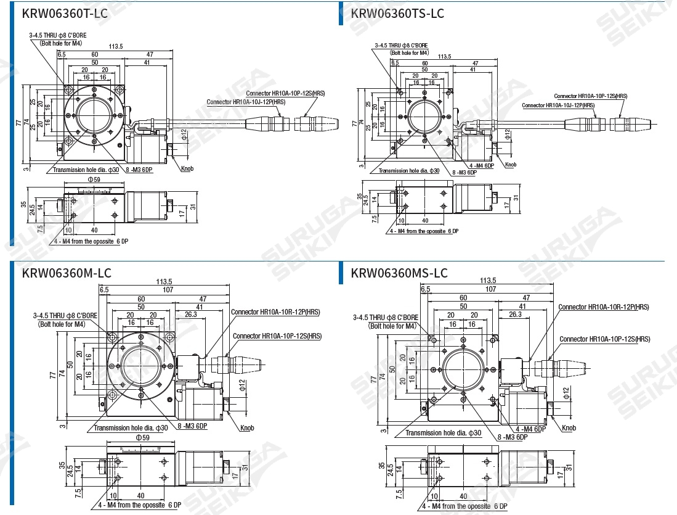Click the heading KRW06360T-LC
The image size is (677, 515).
pyautogui.click(x=65, y=13)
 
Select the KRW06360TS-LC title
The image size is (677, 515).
pyautogui.click(x=397, y=13)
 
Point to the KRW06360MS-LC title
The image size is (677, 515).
pyautogui.click(x=399, y=273)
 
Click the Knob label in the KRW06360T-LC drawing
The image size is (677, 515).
pyautogui.click(x=187, y=168)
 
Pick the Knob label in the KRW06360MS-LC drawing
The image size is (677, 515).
pyautogui.click(x=569, y=428)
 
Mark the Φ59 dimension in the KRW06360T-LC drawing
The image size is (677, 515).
pyautogui.click(x=94, y=179)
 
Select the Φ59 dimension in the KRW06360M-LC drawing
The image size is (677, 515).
pyautogui.click(x=142, y=437)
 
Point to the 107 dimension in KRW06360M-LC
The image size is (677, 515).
pyautogui.click(x=168, y=289)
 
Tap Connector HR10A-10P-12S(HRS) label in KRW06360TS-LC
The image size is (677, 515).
pyautogui.click(x=590, y=96)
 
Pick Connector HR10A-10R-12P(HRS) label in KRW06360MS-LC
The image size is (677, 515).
pyautogui.click(x=604, y=307)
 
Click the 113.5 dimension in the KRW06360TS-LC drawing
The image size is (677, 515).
pyautogui.click(x=444, y=57)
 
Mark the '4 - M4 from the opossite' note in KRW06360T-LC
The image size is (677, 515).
pyautogui.click(x=91, y=241)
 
